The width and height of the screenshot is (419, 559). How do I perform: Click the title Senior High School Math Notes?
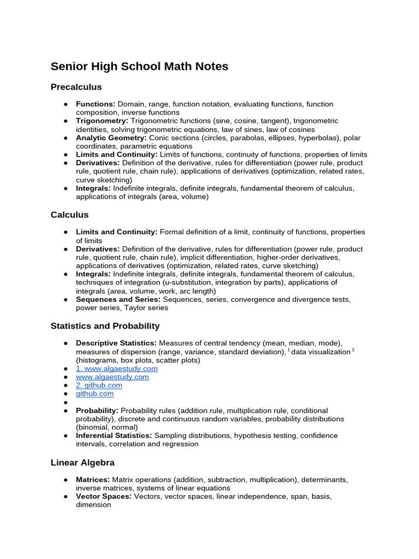tap(139, 67)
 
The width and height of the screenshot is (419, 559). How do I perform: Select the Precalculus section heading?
tap(76, 87)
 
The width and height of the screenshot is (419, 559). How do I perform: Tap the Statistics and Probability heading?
tap(105, 326)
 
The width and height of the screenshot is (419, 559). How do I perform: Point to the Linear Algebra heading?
tap(82, 462)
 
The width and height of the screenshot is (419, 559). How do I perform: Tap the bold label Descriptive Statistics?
tap(116, 343)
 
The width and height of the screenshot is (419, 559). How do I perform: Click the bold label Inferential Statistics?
tap(114, 436)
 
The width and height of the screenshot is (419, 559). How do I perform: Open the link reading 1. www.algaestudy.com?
tap(117, 368)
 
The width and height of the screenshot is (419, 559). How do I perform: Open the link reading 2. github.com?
tap(99, 385)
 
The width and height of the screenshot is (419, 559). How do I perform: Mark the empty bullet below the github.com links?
tap(65, 402)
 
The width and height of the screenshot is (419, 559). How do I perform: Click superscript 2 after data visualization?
tap(353, 350)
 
